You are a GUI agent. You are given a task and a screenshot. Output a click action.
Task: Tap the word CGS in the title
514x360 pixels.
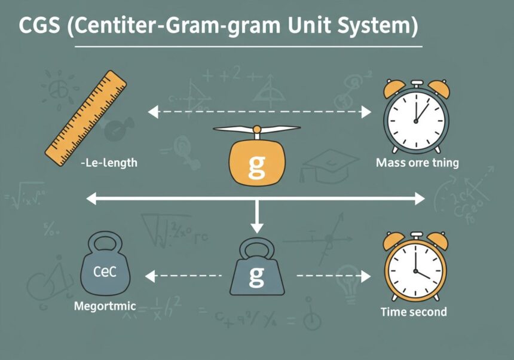coord(38,27)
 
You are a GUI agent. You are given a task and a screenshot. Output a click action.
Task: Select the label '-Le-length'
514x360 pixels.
coord(108,163)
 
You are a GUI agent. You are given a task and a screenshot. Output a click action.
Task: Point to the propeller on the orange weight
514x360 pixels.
coord(256,130)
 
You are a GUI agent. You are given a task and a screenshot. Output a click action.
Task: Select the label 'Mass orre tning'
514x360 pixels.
coord(417,163)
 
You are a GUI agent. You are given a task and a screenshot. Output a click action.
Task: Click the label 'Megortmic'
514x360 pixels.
coord(105,307)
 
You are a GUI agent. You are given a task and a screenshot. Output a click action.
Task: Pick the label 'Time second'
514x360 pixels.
coord(414,312)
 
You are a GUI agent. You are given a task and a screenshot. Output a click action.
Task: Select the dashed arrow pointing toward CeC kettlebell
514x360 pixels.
coord(182,276)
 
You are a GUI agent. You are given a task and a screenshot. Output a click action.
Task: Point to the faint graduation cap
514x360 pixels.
coord(322,163)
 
